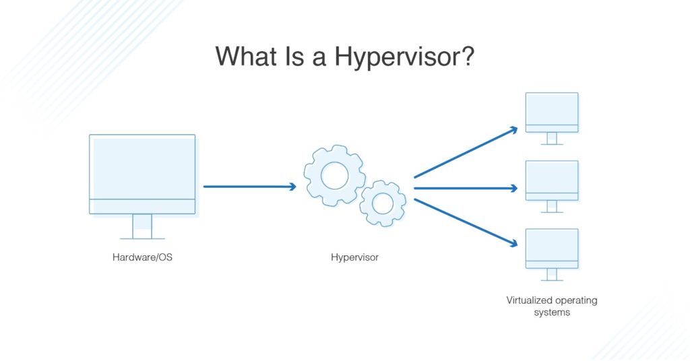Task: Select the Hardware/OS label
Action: pyautogui.click(x=142, y=257)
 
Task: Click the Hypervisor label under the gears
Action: pyautogui.click(x=354, y=257)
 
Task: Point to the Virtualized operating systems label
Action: pyautogui.click(x=552, y=306)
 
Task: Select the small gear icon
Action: pyautogui.click(x=383, y=202)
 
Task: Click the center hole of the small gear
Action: pyautogui.click(x=383, y=202)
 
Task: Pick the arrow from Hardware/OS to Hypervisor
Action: pyautogui.click(x=249, y=187)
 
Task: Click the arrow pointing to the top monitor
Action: pyautogui.click(x=465, y=152)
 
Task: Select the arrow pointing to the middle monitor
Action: pyautogui.click(x=465, y=188)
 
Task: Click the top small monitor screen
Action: pyautogui.click(x=552, y=108)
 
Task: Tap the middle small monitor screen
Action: pyautogui.click(x=552, y=176)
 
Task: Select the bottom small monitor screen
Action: pyautogui.click(x=552, y=244)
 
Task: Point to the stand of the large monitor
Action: pyautogui.click(x=142, y=227)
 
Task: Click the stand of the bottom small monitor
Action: pyautogui.click(x=552, y=274)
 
